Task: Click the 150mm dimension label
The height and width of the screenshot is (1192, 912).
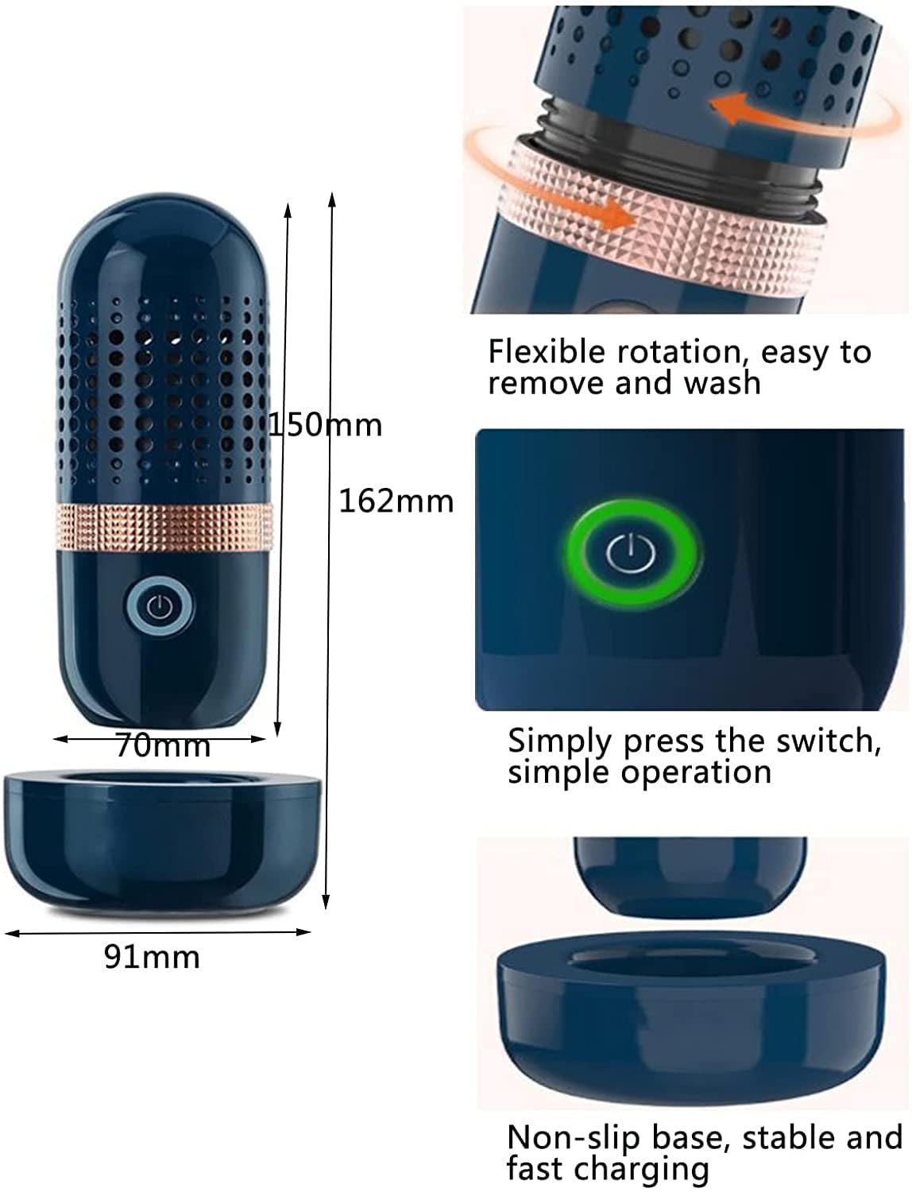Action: coord(326,424)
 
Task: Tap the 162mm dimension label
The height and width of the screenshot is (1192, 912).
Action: coord(396,501)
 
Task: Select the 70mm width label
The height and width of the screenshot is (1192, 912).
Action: coord(163,745)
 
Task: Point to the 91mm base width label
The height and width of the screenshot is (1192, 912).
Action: coord(152,958)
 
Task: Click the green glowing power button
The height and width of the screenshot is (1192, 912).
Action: coord(631,554)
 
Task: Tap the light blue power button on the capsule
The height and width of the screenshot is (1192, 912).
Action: coord(160,606)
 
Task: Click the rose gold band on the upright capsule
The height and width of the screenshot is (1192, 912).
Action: coord(164,528)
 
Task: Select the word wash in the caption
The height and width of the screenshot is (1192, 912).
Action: coord(722,383)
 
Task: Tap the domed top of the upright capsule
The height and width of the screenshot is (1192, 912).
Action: coord(164,245)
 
